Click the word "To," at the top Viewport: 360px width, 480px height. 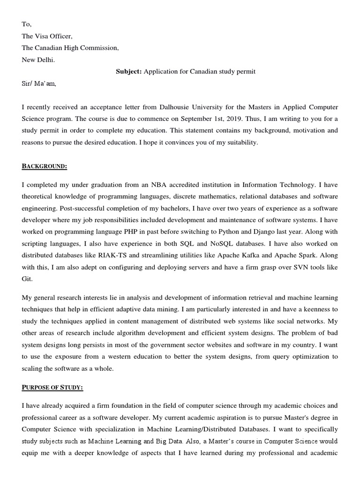27,24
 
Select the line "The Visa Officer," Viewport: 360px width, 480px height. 47,36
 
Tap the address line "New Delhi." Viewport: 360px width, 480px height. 38,60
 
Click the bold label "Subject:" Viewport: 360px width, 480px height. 129,72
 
